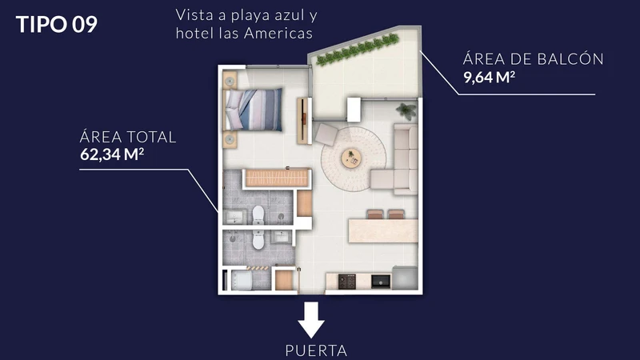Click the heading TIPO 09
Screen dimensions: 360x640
tap(57, 24)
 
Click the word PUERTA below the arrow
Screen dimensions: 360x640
tap(316, 350)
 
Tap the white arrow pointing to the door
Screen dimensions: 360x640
tap(312, 318)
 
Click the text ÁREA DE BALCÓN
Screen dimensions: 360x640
tap(532, 59)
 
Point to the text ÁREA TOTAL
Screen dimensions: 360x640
tap(127, 137)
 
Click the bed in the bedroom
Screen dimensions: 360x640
tap(254, 109)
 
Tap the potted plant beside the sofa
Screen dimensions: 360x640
tap(406, 110)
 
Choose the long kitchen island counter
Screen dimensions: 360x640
tap(382, 230)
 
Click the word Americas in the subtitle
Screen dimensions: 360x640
tap(283, 34)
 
